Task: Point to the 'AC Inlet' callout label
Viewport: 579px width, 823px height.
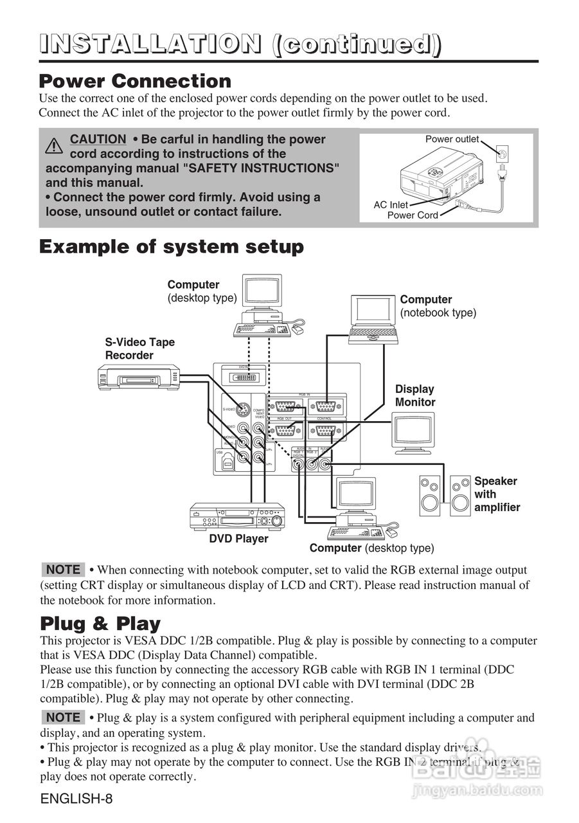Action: point(391,204)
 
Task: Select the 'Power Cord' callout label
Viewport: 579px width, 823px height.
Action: point(412,215)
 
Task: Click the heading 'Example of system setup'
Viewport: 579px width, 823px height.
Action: point(172,247)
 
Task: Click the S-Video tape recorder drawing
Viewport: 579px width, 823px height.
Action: point(138,376)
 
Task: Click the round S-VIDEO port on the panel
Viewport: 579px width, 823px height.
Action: point(242,409)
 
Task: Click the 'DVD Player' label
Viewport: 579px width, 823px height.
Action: point(238,539)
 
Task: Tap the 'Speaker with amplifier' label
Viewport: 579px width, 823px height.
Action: point(496,494)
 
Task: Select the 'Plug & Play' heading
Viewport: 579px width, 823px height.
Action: point(100,624)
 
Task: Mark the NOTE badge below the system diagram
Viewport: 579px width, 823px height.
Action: point(63,570)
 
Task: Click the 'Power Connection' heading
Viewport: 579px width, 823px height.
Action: point(135,82)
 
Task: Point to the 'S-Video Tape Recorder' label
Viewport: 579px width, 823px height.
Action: point(139,348)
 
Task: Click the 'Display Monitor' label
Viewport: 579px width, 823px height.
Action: point(415,395)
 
